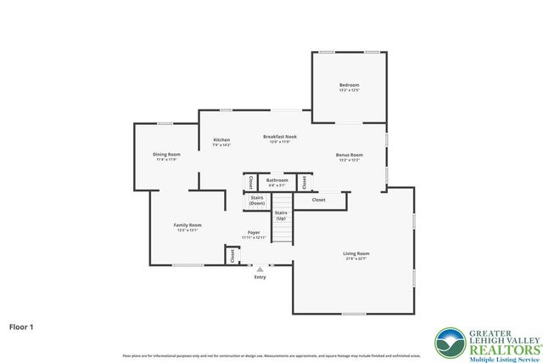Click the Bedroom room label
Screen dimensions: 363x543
(350, 85)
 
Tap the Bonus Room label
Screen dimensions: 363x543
(349, 155)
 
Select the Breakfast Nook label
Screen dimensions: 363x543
(279, 136)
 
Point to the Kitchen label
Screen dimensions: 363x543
(221, 140)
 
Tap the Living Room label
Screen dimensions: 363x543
(355, 253)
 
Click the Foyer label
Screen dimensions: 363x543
(254, 232)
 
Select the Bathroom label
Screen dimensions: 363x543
(277, 180)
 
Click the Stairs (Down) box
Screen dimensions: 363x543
(257, 201)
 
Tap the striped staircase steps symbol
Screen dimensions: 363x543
(281, 231)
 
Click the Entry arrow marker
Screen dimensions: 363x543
(260, 269)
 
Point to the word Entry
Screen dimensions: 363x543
(260, 277)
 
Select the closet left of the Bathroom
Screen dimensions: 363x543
(251, 182)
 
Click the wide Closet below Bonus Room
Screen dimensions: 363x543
(319, 200)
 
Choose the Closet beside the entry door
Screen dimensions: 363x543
(232, 255)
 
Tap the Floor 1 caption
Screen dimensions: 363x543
(21, 326)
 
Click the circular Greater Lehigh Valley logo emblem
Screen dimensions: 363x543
(450, 343)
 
